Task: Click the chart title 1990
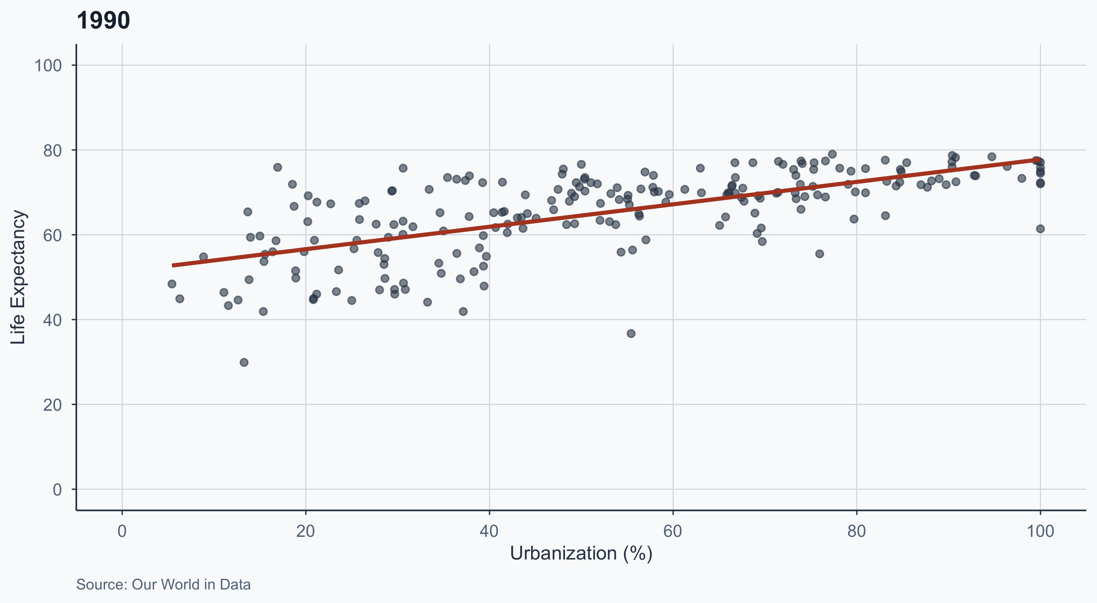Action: [103, 20]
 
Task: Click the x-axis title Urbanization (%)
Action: [581, 553]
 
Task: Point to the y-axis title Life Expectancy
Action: [18, 277]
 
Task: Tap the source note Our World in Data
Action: [163, 584]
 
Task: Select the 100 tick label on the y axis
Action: [48, 65]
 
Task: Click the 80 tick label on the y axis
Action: [52, 150]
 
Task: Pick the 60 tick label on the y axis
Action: [52, 235]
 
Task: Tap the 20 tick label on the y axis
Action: [52, 405]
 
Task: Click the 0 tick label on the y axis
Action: [57, 489]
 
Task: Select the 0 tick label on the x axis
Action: [122, 531]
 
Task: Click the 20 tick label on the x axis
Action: [305, 531]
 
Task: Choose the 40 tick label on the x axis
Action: [489, 531]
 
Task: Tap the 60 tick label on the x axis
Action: [672, 531]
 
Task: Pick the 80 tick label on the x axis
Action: [856, 531]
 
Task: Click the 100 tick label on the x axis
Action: [1040, 531]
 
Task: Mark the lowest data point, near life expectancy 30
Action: [244, 363]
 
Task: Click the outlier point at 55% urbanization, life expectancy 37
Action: [631, 334]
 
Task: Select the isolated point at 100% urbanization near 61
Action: [1040, 229]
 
